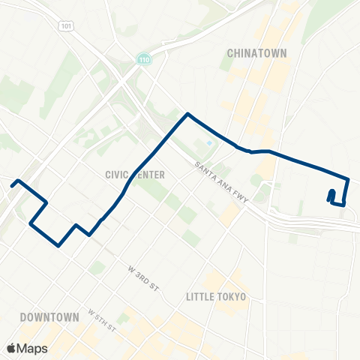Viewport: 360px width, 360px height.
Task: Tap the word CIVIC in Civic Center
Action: (x=118, y=174)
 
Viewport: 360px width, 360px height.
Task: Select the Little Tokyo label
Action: (x=215, y=297)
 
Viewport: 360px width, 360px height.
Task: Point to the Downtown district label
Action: (x=49, y=317)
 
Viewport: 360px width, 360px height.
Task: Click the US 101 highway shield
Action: (x=66, y=25)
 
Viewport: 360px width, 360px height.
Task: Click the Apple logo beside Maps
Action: (x=12, y=348)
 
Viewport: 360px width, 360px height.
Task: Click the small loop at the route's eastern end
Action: (x=331, y=196)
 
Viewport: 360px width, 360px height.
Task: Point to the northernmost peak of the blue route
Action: (x=187, y=114)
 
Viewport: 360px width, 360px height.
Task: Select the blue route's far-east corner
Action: (x=349, y=179)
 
